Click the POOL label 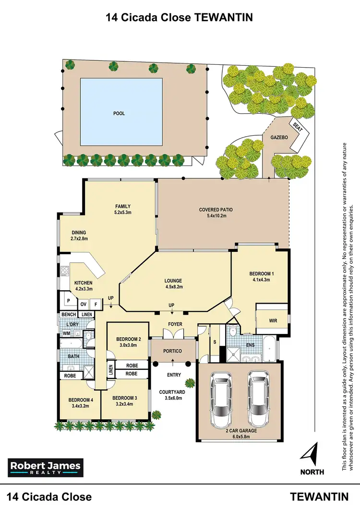click(x=119, y=114)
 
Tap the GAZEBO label click(x=279, y=137)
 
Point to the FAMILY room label click(x=123, y=207)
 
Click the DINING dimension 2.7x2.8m click(x=79, y=238)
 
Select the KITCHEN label click(x=83, y=283)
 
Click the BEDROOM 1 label click(x=262, y=274)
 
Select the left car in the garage click(x=222, y=395)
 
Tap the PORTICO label click(x=173, y=351)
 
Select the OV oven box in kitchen click(x=83, y=304)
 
